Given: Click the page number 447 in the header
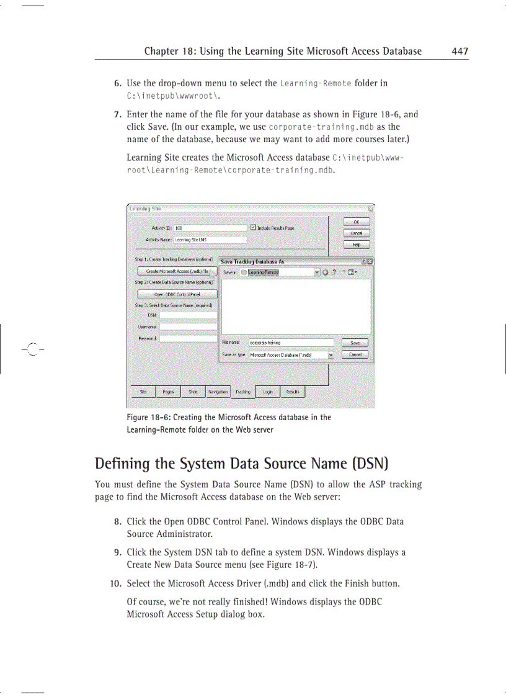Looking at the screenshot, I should pyautogui.click(x=459, y=52).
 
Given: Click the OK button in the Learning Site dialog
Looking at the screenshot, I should pyautogui.click(x=357, y=222).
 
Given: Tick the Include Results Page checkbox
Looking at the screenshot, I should pyautogui.click(x=253, y=228).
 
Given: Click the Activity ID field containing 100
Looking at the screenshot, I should pyautogui.click(x=210, y=228).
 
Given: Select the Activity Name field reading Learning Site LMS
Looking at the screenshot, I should pyautogui.click(x=210, y=240).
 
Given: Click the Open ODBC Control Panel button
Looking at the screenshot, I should pyautogui.click(x=177, y=294).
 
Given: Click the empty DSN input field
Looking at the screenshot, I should pyautogui.click(x=188, y=315).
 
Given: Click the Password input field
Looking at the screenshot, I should pyautogui.click(x=188, y=338).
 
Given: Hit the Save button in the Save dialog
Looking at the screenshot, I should pyautogui.click(x=355, y=343).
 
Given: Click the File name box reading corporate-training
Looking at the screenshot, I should pyautogui.click(x=290, y=343).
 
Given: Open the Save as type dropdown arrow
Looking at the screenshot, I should pyautogui.click(x=331, y=355).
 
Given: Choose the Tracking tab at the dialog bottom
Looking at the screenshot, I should pyautogui.click(x=243, y=392).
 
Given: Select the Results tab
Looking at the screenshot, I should pyautogui.click(x=293, y=392).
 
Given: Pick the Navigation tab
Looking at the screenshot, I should pyautogui.click(x=218, y=392).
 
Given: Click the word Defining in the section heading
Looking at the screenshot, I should pyautogui.click(x=123, y=464).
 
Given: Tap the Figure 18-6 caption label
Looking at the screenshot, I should pyautogui.click(x=147, y=418).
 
